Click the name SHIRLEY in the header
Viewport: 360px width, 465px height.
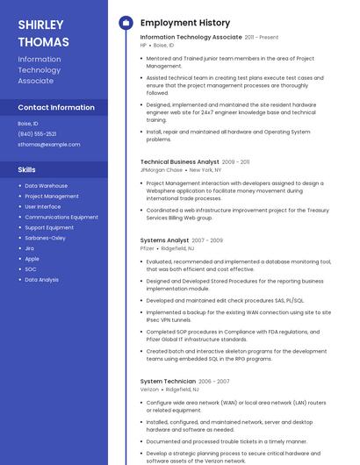point(40,25)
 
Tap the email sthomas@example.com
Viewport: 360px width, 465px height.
point(49,144)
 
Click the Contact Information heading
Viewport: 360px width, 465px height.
point(56,107)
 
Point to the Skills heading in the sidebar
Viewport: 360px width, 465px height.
point(27,168)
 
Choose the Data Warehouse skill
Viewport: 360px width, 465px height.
point(46,186)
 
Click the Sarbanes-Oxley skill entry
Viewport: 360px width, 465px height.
point(45,238)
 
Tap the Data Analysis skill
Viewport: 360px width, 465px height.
point(41,279)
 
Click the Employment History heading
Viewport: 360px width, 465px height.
point(185,23)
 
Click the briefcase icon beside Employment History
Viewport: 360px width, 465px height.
point(126,23)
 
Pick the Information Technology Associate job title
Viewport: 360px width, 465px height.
point(191,38)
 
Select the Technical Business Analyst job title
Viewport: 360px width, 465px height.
point(179,161)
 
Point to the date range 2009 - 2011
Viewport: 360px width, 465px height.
point(236,161)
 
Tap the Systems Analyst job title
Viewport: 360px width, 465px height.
point(164,240)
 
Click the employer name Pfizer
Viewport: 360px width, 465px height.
point(147,248)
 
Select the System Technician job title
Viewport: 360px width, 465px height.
point(168,381)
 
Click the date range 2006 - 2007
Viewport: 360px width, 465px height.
point(214,381)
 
